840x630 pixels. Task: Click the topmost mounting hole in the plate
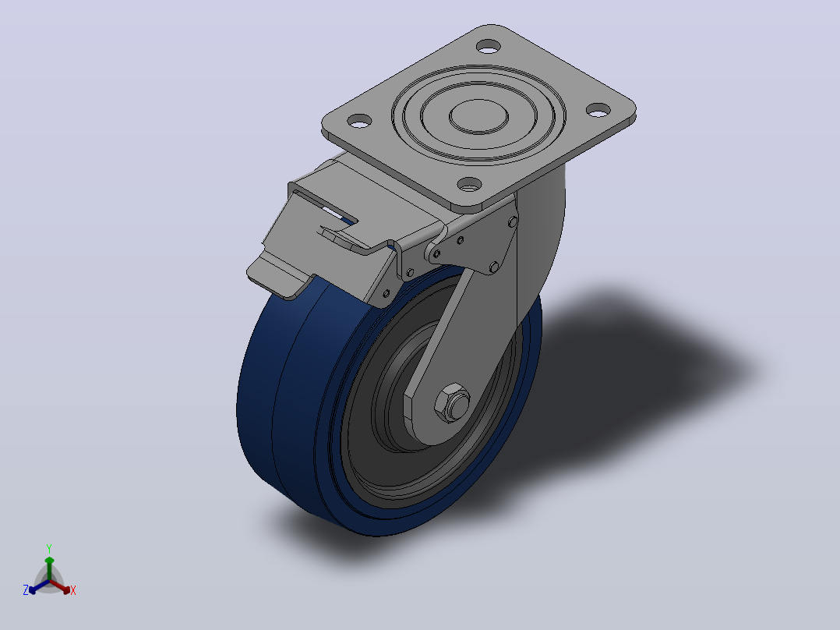488,47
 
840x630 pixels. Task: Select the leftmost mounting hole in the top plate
359,121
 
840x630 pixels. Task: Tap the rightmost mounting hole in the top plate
598,110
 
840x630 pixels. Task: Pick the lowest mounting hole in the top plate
470,186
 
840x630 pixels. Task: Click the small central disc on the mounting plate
478,116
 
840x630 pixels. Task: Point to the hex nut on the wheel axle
453,403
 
